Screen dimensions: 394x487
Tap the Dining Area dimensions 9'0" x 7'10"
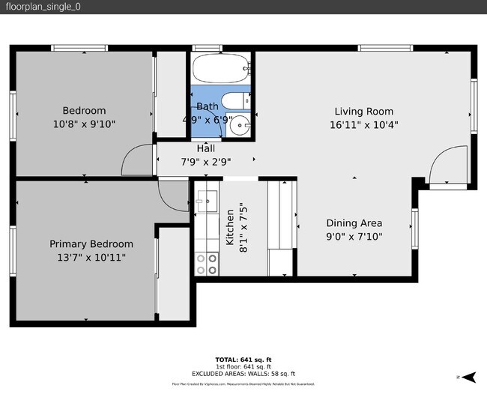coord(354,237)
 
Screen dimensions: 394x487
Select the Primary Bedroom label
coord(91,244)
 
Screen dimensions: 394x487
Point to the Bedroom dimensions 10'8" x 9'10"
coord(84,124)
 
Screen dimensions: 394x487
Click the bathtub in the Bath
coord(221,70)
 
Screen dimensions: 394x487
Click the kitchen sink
coord(206,199)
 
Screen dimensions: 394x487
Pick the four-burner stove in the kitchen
coord(206,262)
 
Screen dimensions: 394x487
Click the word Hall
coord(205,148)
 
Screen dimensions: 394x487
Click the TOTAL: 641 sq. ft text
coord(243,359)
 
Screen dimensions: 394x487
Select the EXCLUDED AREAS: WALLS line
coord(243,373)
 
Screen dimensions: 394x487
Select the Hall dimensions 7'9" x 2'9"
coord(205,161)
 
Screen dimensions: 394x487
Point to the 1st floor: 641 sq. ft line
coord(243,366)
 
